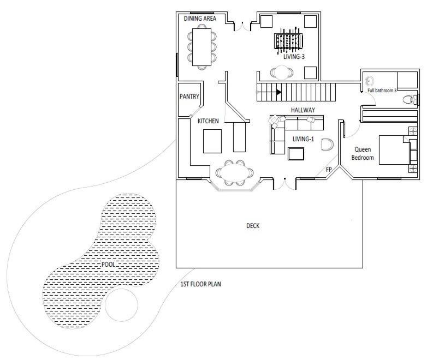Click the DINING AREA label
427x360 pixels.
[x=200, y=19]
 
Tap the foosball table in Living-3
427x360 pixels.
[x=288, y=41]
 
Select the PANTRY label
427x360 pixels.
[x=189, y=97]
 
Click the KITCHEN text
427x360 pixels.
[x=208, y=121]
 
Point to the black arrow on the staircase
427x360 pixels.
[x=278, y=92]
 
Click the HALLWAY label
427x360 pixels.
[x=303, y=110]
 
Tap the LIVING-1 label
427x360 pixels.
[x=303, y=139]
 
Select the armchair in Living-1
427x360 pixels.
[x=327, y=145]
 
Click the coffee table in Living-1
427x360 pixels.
[x=296, y=154]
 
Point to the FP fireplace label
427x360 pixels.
[x=329, y=170]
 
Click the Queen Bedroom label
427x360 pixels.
[x=363, y=153]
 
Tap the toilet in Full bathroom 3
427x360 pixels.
[x=410, y=99]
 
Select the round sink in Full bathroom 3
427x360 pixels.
[x=370, y=81]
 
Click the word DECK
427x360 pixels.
[x=253, y=226]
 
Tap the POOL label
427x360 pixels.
[x=108, y=264]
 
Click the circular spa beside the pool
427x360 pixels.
[x=121, y=305]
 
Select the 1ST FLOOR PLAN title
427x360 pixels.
[x=201, y=284]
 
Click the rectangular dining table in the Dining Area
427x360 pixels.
[x=202, y=47]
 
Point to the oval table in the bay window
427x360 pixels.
[x=234, y=172]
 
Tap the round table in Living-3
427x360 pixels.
[x=282, y=73]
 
